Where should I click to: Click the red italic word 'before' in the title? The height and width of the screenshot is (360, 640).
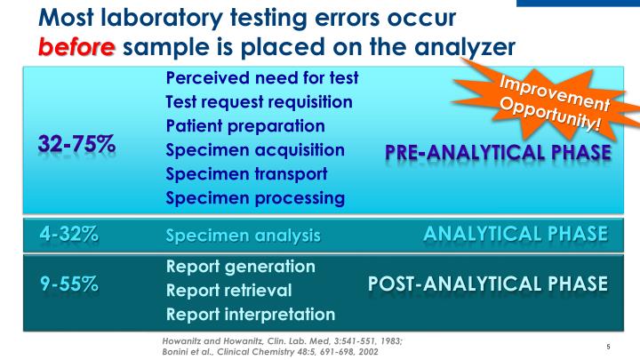pyautogui.click(x=76, y=45)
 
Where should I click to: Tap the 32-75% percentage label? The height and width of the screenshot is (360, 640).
pyautogui.click(x=76, y=145)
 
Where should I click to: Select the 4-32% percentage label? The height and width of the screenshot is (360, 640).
pyautogui.click(x=68, y=234)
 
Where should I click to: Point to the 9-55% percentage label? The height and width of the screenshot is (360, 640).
pyautogui.click(x=68, y=284)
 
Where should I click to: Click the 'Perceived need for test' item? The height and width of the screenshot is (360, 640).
pyautogui.click(x=261, y=77)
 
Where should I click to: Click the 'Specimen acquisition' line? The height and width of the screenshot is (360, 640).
pyautogui.click(x=255, y=149)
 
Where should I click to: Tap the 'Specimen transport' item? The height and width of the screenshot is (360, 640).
pyautogui.click(x=246, y=173)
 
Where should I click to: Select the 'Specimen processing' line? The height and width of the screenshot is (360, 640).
pyautogui.click(x=254, y=197)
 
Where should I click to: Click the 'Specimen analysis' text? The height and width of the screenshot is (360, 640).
pyautogui.click(x=243, y=236)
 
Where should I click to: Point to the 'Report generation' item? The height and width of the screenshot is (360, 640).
pyautogui.click(x=240, y=267)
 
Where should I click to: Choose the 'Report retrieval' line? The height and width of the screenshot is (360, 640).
pyautogui.click(x=228, y=290)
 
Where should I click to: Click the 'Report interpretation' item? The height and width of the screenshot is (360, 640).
pyautogui.click(x=251, y=314)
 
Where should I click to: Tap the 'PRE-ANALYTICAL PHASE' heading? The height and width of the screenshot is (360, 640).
pyautogui.click(x=498, y=153)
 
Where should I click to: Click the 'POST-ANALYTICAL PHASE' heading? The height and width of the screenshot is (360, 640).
pyautogui.click(x=488, y=284)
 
